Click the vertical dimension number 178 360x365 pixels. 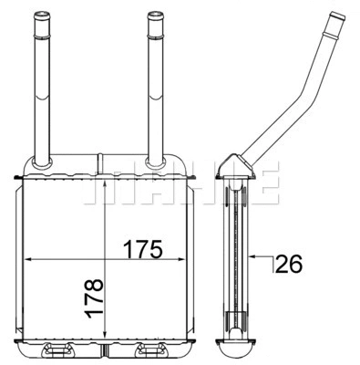coord(95,299)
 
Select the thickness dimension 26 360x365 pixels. coord(288,265)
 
